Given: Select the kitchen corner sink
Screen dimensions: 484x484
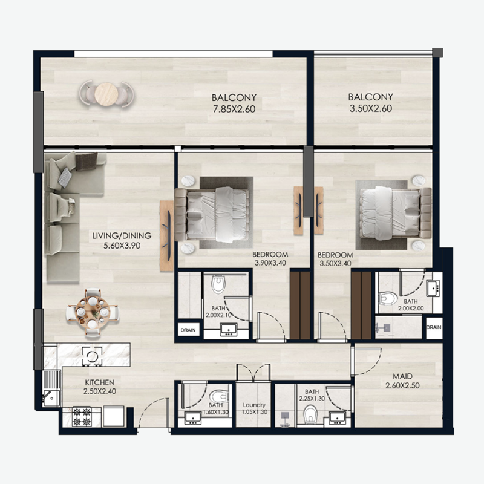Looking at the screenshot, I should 49,397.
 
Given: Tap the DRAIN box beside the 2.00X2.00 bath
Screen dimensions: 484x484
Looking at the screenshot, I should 433,327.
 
